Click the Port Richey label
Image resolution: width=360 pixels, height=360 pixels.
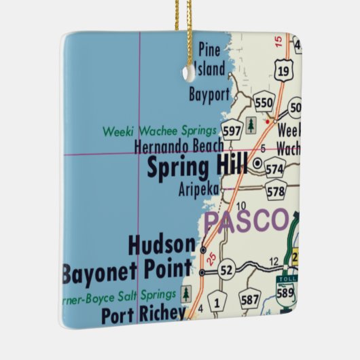143,314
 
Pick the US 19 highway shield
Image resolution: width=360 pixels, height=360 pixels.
283,67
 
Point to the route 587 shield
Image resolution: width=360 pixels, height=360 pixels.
250,300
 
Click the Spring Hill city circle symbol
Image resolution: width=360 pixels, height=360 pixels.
257,164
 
